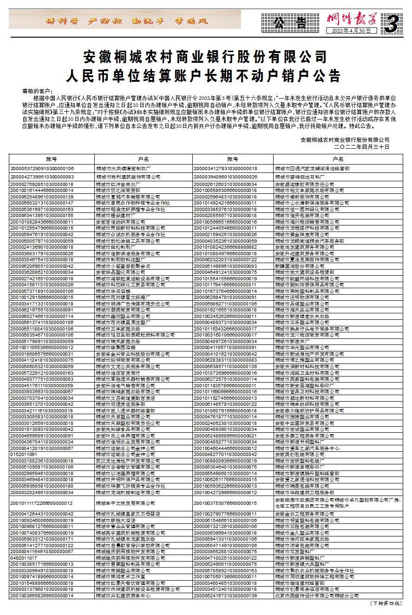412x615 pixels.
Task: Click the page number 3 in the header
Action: point(392,24)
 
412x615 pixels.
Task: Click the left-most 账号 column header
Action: point(51,159)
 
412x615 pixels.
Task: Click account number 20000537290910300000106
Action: point(42,168)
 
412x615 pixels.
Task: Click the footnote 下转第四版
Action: point(385,603)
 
